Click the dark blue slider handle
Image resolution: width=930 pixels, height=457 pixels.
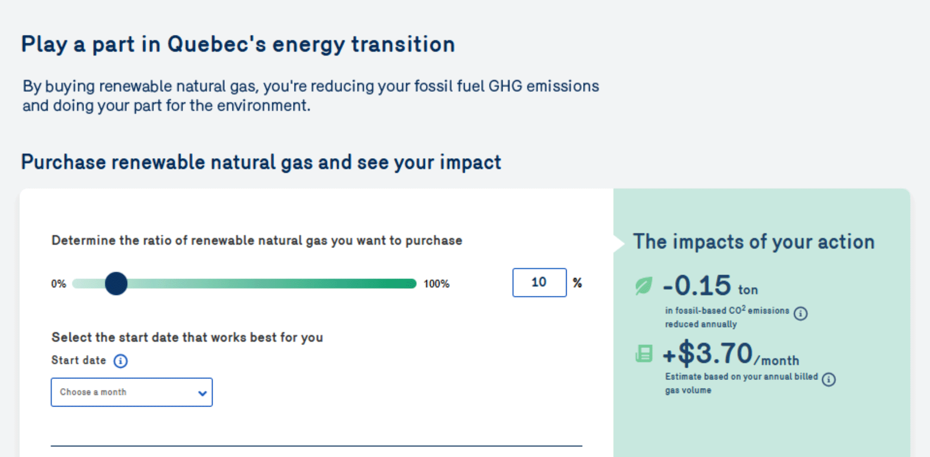point(116,284)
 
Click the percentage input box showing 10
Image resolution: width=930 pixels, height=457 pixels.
point(539,282)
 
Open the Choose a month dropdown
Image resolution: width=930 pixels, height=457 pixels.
point(132,392)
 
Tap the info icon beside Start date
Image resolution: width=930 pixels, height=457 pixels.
point(121,361)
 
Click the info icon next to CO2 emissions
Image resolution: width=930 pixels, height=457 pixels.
point(801,313)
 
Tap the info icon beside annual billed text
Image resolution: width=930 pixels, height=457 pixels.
point(829,379)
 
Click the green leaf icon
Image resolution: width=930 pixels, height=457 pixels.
point(644,286)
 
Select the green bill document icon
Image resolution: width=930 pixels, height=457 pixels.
point(644,354)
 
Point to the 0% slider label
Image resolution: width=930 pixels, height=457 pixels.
point(59,284)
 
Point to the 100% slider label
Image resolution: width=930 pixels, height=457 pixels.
point(436,284)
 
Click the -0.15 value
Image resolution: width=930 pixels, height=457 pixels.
point(697,285)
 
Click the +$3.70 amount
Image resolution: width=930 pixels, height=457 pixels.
point(708,353)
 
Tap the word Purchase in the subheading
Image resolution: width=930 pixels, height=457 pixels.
point(63,163)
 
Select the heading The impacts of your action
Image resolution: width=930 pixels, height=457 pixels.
point(754,242)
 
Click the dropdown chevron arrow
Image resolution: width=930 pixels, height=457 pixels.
point(202,393)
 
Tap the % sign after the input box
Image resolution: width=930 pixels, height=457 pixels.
point(577,283)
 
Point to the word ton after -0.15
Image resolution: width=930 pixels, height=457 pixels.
point(748,290)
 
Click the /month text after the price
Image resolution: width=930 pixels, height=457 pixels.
point(777,360)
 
